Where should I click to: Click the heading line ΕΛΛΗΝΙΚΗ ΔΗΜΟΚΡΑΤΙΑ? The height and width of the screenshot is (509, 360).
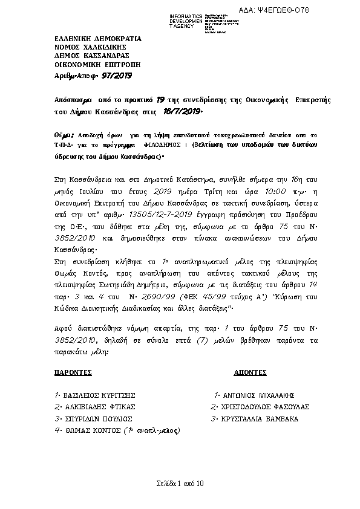tap(89, 39)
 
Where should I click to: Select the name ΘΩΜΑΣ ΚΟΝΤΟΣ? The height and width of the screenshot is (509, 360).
tap(90, 430)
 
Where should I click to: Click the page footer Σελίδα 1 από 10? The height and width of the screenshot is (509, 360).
tap(180, 482)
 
